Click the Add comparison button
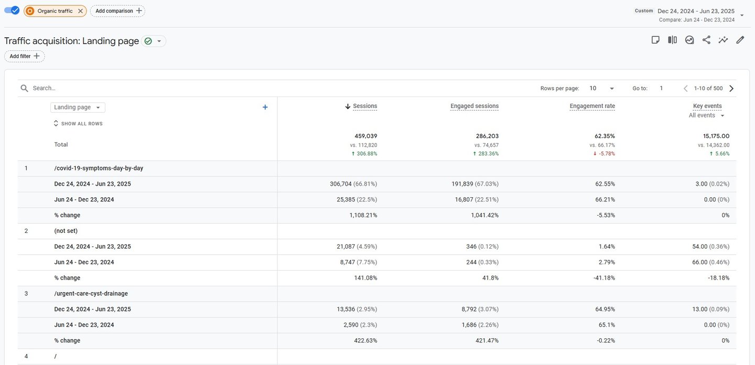pos(117,11)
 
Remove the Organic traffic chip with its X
pos(80,11)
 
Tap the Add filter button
pos(25,56)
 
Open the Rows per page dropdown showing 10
pos(602,89)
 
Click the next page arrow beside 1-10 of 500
pos(731,89)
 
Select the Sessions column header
pos(364,106)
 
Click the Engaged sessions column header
pos(474,106)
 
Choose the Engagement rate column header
pos(592,106)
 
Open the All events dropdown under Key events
pos(707,115)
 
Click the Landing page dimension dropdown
pos(78,108)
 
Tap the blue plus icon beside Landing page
pos(265,108)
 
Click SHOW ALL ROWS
pos(78,124)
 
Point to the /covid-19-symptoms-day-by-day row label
pos(99,168)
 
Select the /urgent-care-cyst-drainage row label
pos(91,294)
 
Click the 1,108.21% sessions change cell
pos(363,215)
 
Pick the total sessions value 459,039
pos(365,136)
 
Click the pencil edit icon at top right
pos(740,40)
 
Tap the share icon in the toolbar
pos(706,40)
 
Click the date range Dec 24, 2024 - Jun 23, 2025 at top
pos(696,11)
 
